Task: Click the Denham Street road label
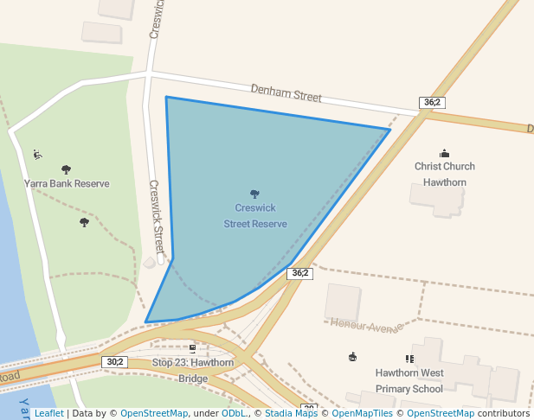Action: [286, 93]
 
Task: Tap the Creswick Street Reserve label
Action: [255, 216]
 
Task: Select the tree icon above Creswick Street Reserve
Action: [254, 194]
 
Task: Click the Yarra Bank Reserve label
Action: [67, 184]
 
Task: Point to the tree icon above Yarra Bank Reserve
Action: [67, 169]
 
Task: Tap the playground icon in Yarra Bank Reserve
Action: [37, 155]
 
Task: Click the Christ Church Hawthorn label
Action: [445, 174]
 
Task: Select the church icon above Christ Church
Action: [445, 153]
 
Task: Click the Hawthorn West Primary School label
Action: [409, 380]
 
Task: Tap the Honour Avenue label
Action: [366, 326]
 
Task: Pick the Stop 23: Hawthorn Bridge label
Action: [193, 370]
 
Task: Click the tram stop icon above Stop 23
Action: [192, 349]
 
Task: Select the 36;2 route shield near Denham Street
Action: [432, 102]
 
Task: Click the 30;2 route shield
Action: [115, 361]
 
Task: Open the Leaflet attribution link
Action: [49, 413]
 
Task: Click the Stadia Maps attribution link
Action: [291, 413]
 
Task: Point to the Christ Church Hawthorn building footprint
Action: [438, 198]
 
